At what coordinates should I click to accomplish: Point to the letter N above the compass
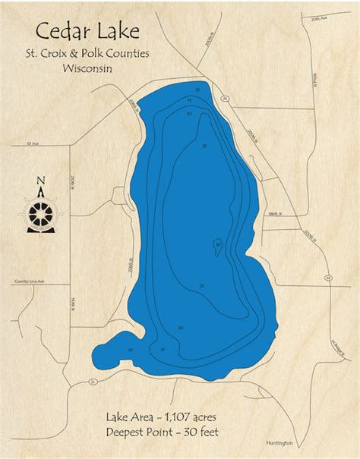point(40,181)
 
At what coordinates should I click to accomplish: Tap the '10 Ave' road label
point(31,143)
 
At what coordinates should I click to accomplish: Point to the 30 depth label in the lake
point(218,244)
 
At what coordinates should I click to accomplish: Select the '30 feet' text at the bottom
point(210,432)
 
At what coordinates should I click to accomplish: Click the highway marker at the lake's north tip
point(226,98)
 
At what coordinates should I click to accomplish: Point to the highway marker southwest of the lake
point(92,382)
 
